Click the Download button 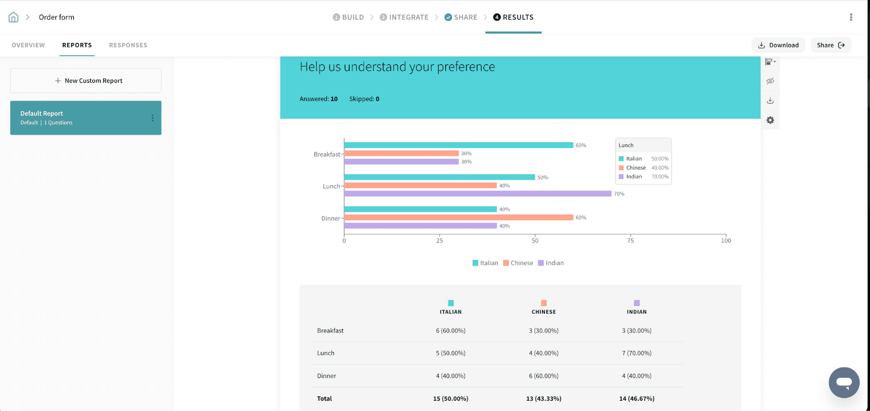pos(778,45)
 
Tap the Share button pos(830,45)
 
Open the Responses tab pos(128,45)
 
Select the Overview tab pos(28,45)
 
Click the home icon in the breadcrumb pos(14,17)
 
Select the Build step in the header pos(348,17)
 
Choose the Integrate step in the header pos(404,17)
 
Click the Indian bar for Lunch pos(477,194)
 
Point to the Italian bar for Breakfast pos(458,145)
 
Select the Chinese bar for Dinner pos(458,217)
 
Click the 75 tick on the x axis pos(630,241)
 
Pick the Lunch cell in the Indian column pos(637,353)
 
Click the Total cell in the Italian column pos(450,398)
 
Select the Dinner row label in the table pos(326,376)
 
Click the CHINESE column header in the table pos(544,312)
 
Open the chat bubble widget pos(844,382)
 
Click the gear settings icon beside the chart pos(770,120)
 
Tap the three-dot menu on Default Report pos(152,118)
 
